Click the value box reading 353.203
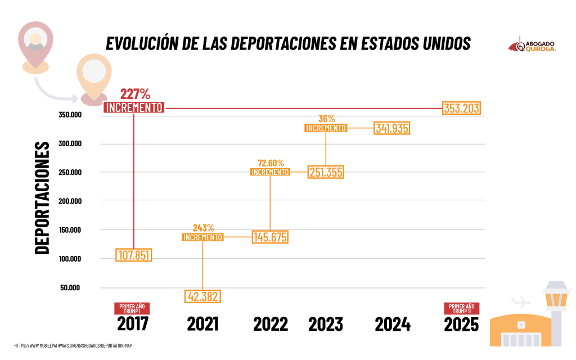point(462,109)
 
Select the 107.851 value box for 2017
point(133,255)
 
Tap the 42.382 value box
point(202,296)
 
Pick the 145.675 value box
point(270,237)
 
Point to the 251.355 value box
point(326,172)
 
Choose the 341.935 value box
point(392,128)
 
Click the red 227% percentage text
point(135,94)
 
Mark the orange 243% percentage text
point(203,228)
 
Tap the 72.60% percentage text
point(271,163)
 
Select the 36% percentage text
point(326,119)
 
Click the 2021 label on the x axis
point(202,325)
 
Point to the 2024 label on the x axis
point(393,325)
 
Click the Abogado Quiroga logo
point(533,46)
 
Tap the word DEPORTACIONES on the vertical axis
point(42,198)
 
